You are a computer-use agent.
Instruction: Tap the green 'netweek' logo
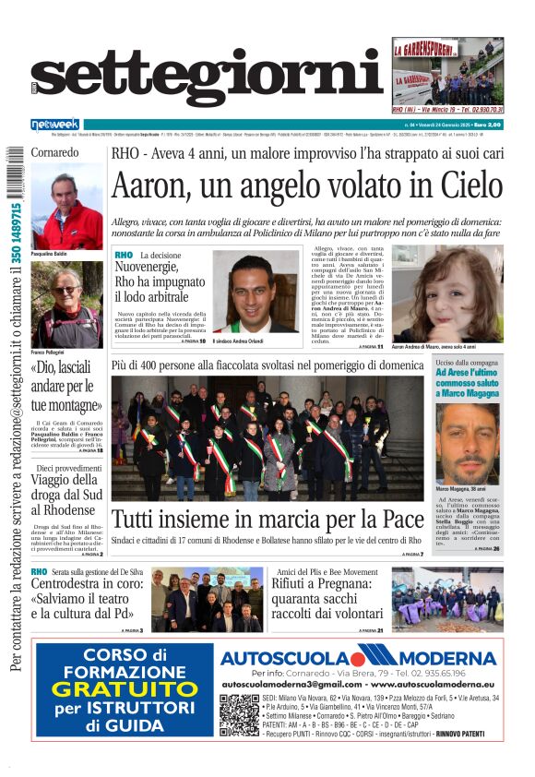pyautogui.click(x=55, y=125)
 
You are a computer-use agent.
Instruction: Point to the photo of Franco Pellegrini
pyautogui.click(x=67, y=305)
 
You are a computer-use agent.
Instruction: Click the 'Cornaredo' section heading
pyautogui.click(x=56, y=151)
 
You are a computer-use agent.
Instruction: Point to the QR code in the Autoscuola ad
pyautogui.click(x=239, y=714)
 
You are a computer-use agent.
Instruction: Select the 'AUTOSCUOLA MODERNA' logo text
pyautogui.click(x=360, y=658)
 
